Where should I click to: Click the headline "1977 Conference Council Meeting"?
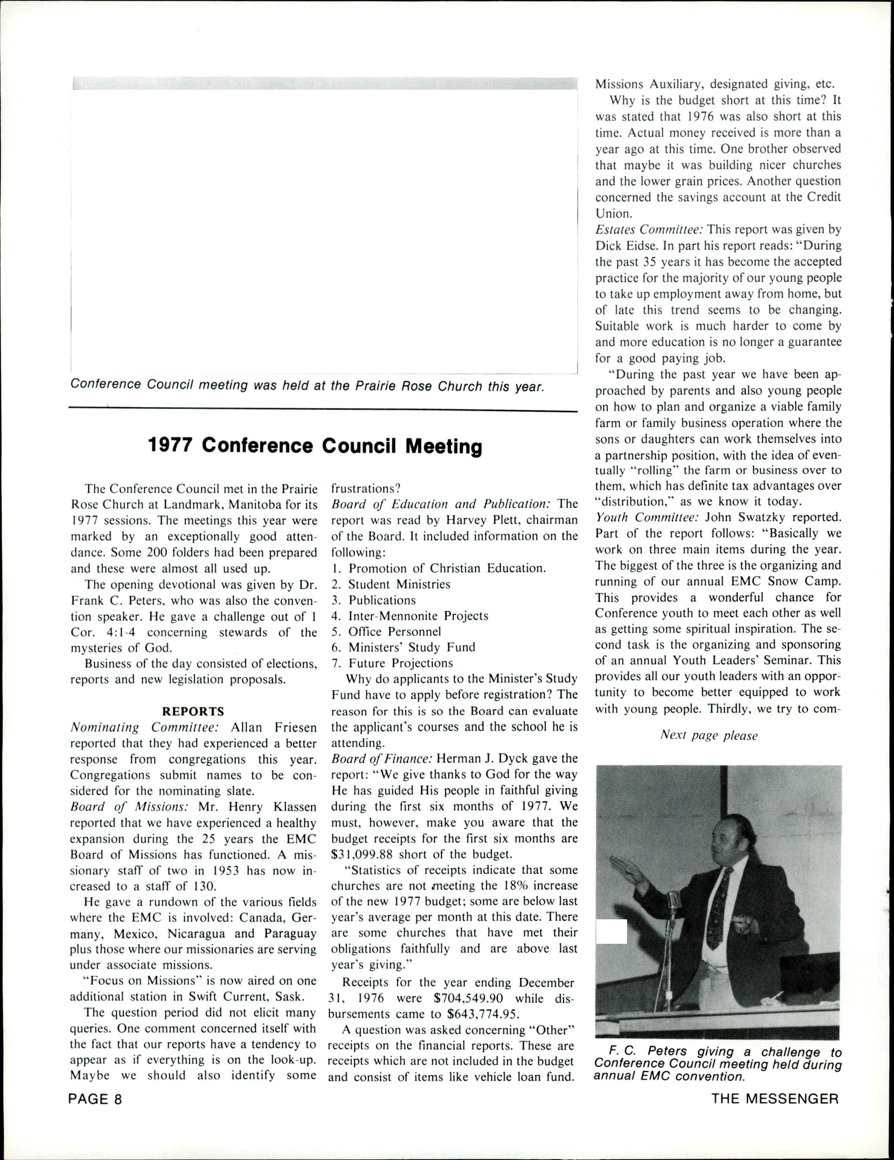(315, 446)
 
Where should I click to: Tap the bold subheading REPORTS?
(193, 711)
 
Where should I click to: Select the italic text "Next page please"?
(709, 736)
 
